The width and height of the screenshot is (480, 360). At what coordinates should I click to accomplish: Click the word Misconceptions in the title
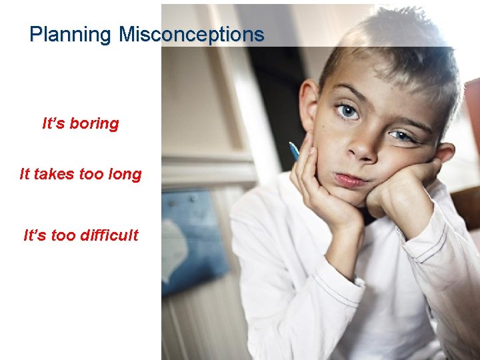coord(191,34)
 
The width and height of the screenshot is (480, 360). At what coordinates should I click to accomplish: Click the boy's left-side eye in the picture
coord(347,111)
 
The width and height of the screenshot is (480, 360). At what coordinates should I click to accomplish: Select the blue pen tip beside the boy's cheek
coord(293,150)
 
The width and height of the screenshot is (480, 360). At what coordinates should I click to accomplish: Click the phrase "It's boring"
coord(80,124)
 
